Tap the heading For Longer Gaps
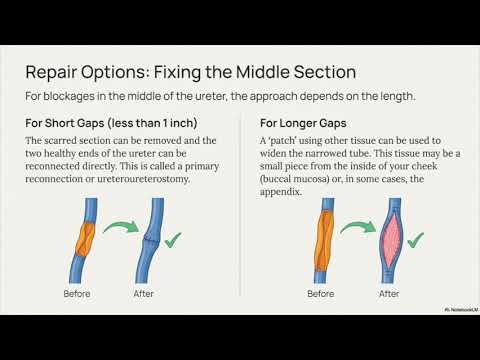coord(304,124)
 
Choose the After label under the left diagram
coord(145,294)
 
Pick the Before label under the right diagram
coord(320,294)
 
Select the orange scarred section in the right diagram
coord(324,240)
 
